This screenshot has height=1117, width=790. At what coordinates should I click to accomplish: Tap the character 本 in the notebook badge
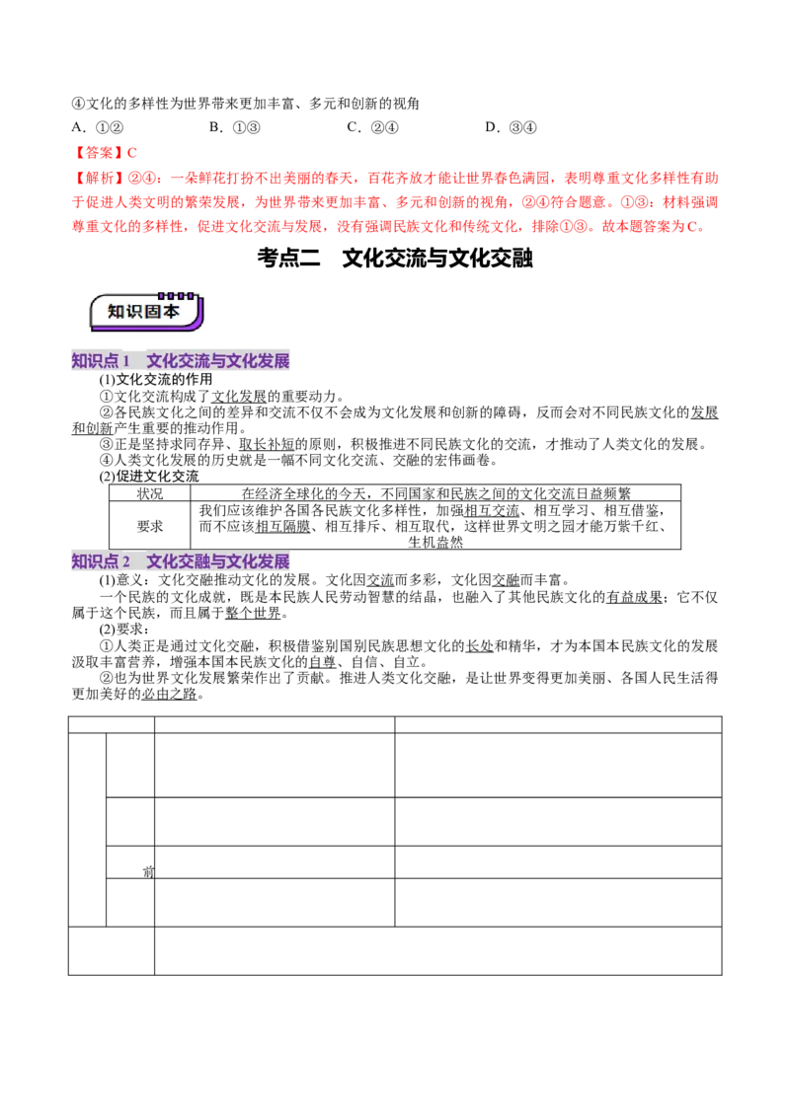click(x=171, y=311)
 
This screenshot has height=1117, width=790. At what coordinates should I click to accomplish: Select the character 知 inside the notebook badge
click(x=117, y=311)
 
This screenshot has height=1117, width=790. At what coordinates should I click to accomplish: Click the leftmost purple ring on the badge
click(x=160, y=295)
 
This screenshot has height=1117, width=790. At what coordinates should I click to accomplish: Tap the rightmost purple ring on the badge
click(x=191, y=295)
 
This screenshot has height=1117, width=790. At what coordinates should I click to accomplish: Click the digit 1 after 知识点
click(x=126, y=361)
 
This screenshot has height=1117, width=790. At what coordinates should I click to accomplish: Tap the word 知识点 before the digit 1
click(x=95, y=361)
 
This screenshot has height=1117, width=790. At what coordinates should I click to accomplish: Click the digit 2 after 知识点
click(x=126, y=561)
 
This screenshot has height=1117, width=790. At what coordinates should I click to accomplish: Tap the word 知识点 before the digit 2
click(x=95, y=561)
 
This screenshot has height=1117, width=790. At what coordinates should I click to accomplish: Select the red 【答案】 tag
click(x=99, y=153)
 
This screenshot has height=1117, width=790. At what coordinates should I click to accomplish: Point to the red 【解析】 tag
click(x=99, y=179)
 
